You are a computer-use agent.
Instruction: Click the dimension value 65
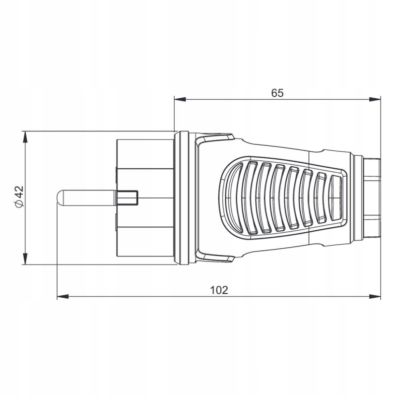[x=277, y=93]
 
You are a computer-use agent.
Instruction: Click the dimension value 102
[x=219, y=290]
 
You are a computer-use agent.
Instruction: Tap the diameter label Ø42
[x=19, y=197]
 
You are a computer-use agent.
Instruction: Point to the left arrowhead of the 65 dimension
[x=180, y=99]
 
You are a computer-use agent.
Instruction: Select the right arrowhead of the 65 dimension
[x=375, y=99]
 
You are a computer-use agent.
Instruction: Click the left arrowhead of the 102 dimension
[x=63, y=296]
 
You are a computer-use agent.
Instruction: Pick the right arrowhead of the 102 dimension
[x=375, y=296]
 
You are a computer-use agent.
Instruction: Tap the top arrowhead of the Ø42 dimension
[x=25, y=137]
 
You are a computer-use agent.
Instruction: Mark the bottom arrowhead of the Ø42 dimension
[x=25, y=259]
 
